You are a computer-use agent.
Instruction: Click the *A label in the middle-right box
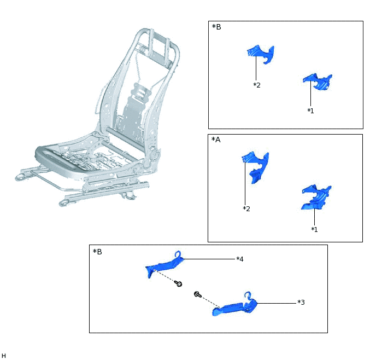point(216,140)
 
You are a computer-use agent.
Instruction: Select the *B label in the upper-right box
point(216,27)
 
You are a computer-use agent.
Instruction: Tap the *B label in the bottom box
point(97,252)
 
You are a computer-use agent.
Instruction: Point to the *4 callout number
point(240,259)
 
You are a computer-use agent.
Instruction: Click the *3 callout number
point(301,302)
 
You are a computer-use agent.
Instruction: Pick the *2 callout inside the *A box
point(246,208)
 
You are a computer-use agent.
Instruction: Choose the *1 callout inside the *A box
point(314,229)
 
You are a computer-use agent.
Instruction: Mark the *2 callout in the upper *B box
point(257,85)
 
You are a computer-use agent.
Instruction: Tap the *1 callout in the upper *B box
point(310,111)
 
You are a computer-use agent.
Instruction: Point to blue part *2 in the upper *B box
point(261,53)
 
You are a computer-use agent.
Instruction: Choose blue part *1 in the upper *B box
point(318,82)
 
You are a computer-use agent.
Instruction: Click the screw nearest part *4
point(178,284)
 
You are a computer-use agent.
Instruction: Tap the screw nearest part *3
point(198,294)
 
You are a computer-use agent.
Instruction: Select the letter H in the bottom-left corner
point(4,356)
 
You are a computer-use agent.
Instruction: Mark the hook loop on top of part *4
point(178,254)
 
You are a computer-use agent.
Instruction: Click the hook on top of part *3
point(248,295)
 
